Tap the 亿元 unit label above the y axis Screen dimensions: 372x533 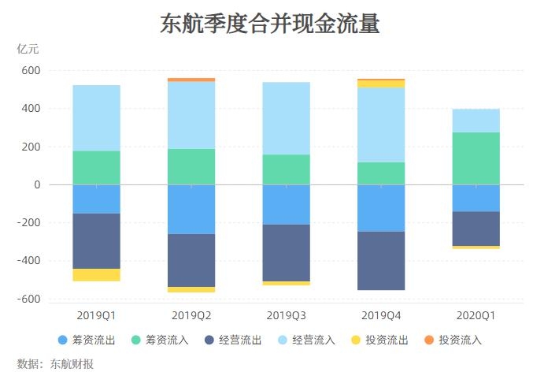coord(28,49)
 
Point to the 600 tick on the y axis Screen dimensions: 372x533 coord(31,70)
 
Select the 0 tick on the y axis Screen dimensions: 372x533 coord(36,184)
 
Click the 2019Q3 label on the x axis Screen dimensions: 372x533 coord(286,315)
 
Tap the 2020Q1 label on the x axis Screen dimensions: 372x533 coord(476,315)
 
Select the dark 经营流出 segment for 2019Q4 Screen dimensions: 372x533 coord(381,261)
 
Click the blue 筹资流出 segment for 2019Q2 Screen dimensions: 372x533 coord(191,209)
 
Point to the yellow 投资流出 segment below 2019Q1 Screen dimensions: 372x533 coord(96,275)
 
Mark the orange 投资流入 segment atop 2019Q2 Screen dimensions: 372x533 coord(191,80)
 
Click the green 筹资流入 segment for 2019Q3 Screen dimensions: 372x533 coord(286,169)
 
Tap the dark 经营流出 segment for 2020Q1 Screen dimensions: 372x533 coord(476,229)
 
